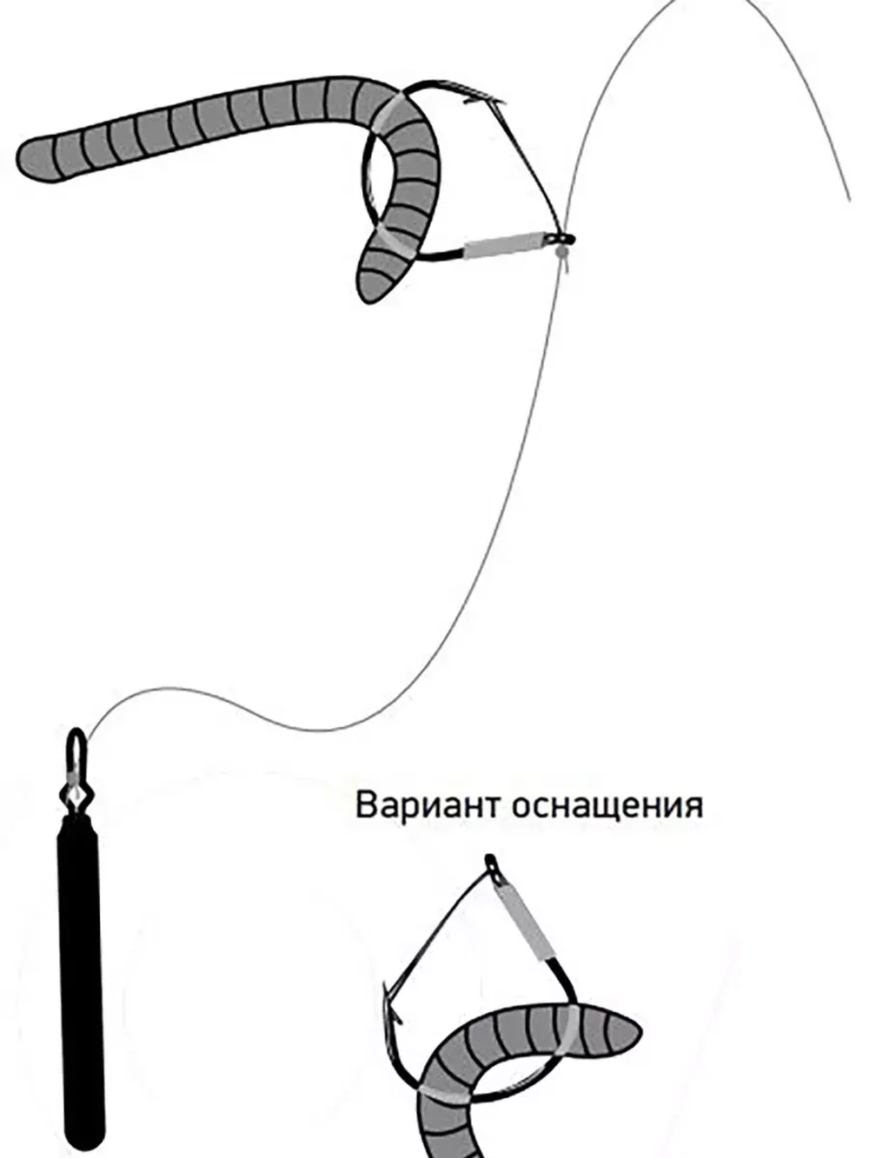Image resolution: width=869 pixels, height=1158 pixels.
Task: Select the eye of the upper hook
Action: point(562,235)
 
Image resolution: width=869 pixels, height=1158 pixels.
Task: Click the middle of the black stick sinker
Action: point(80,973)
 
